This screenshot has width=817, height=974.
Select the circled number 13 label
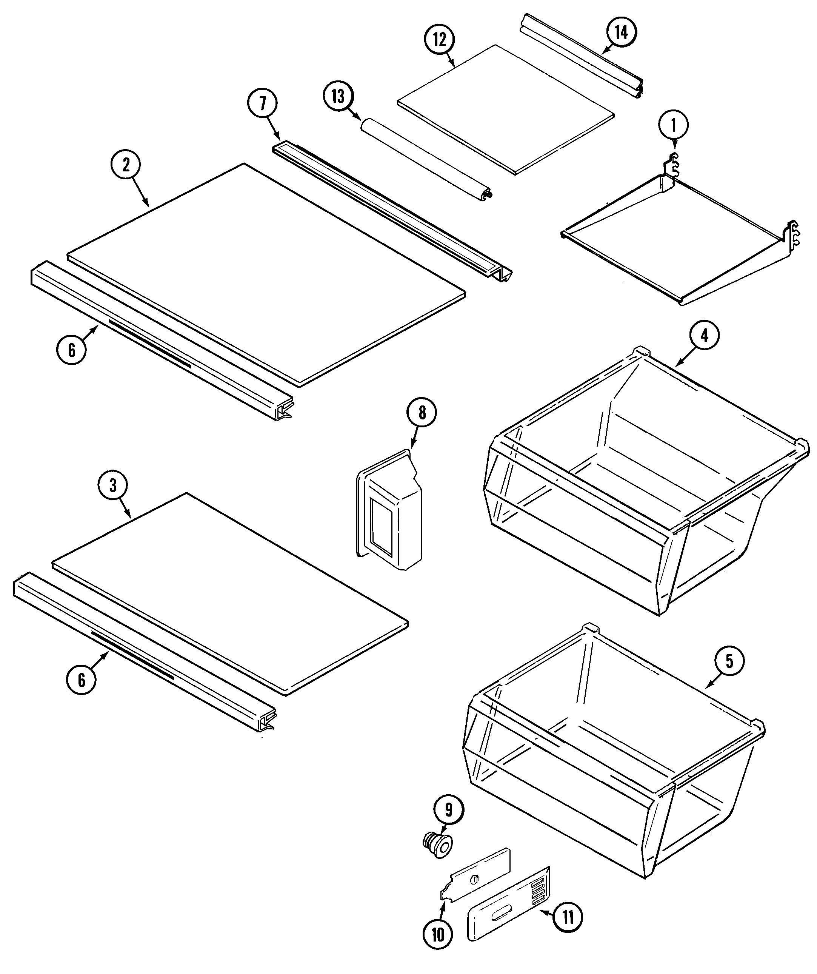click(x=338, y=97)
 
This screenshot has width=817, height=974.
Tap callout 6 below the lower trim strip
click(x=82, y=680)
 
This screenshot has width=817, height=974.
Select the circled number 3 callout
click(x=113, y=485)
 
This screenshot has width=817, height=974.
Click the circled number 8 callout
click(x=422, y=412)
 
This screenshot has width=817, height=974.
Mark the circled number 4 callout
click(x=704, y=335)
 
